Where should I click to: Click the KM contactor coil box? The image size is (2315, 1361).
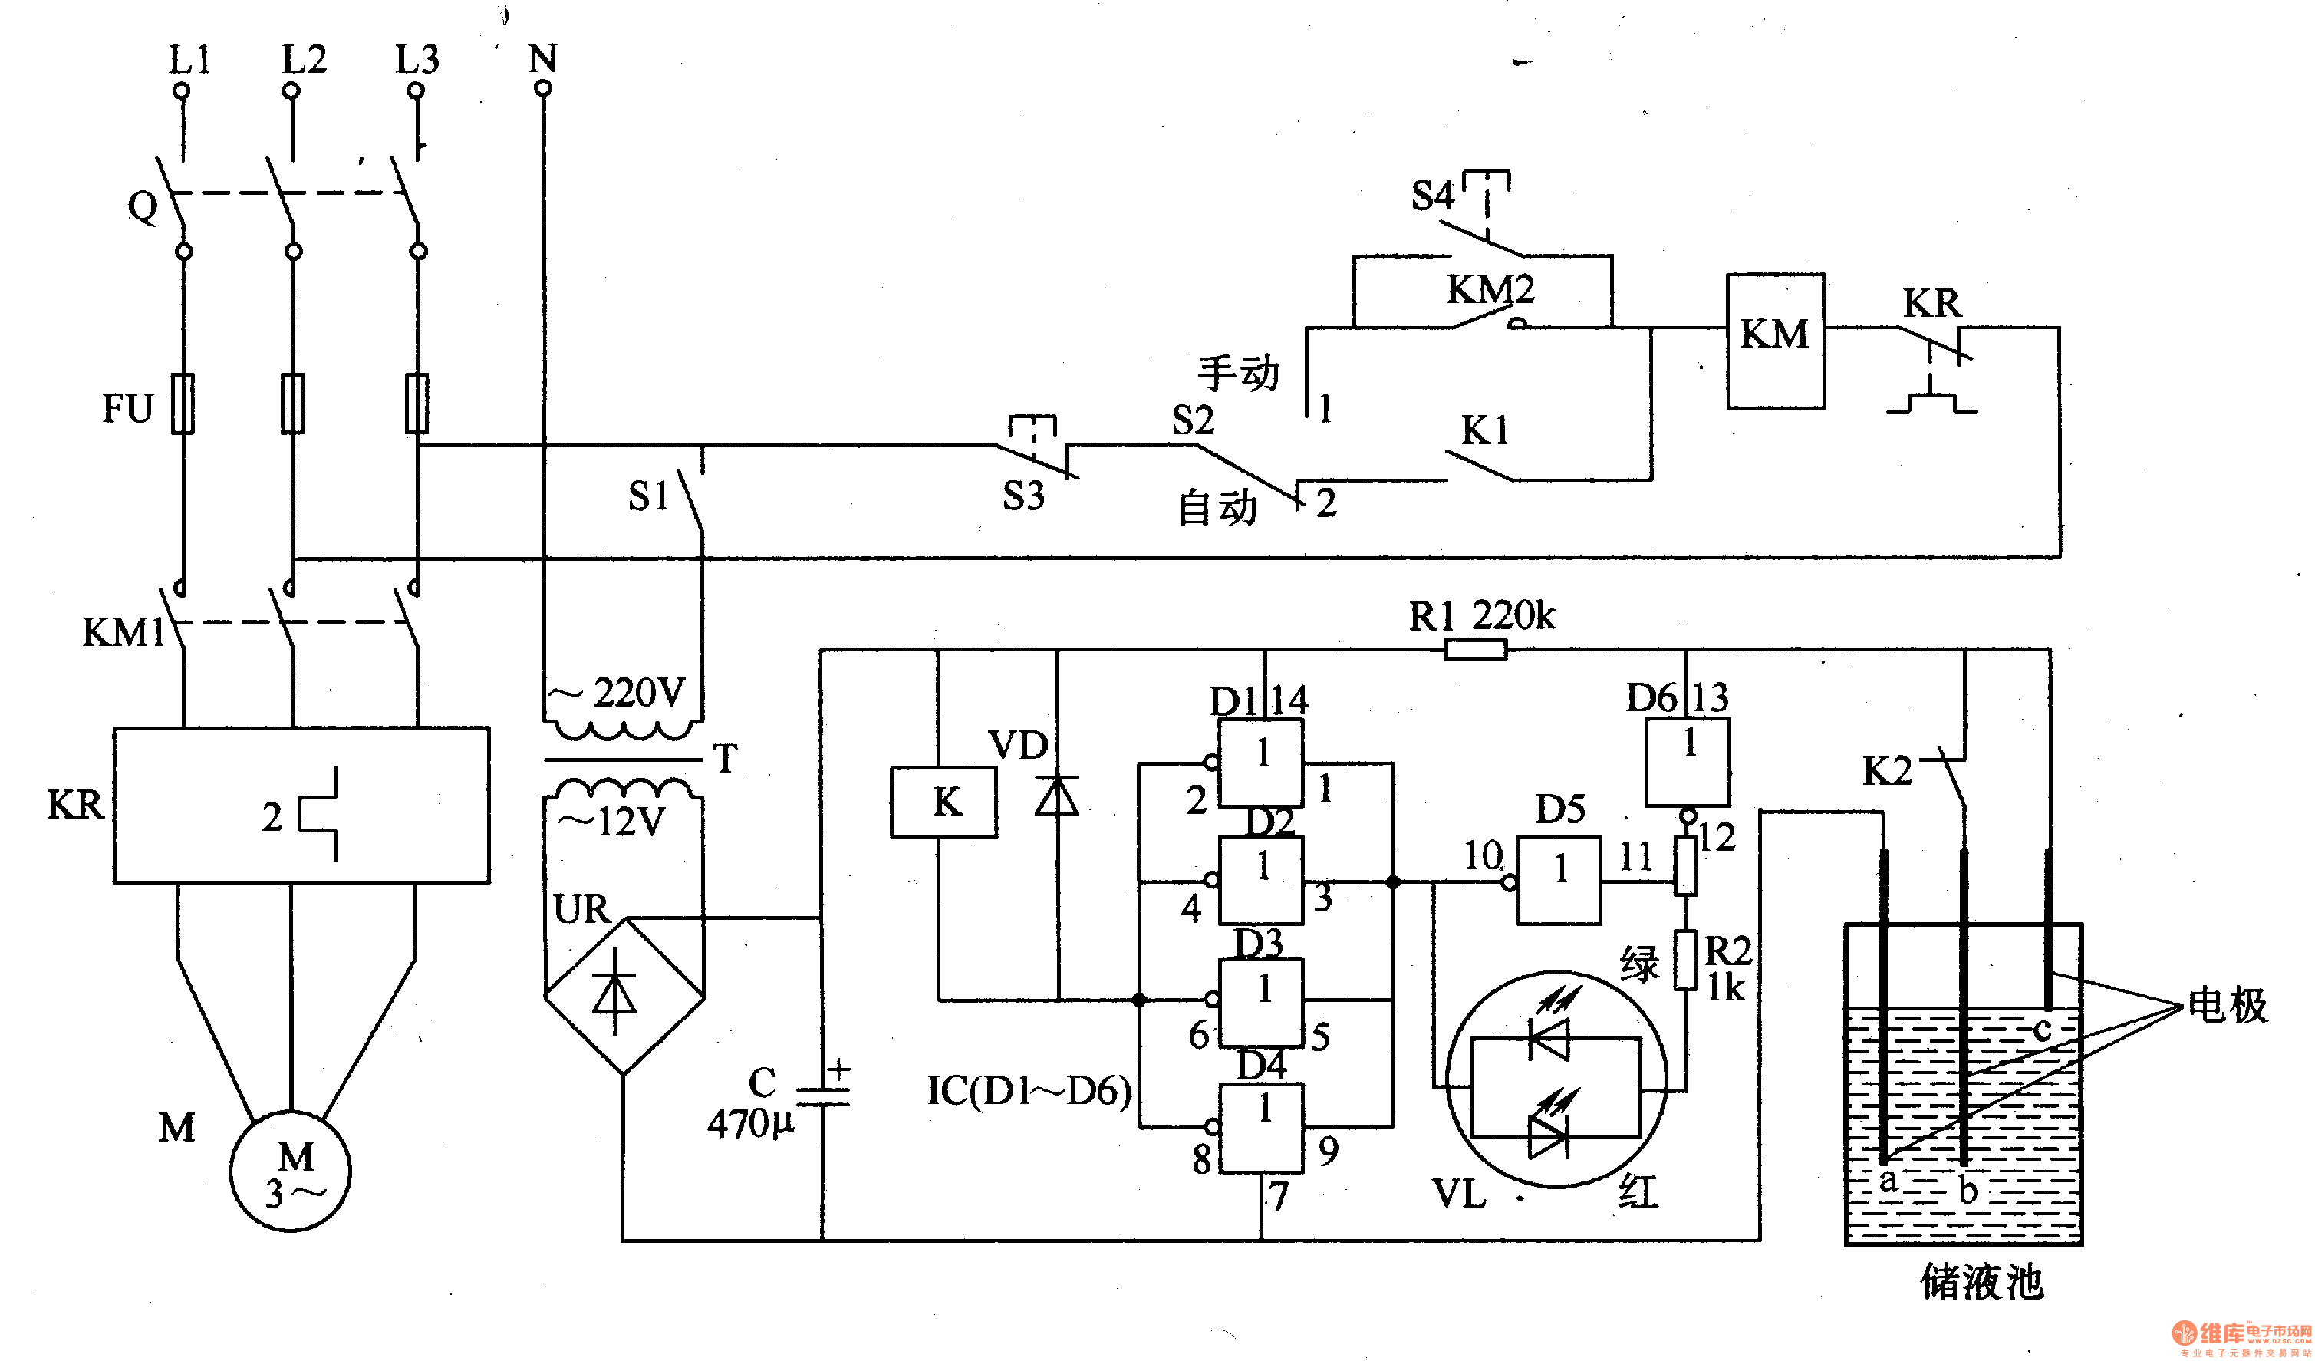coord(1775,340)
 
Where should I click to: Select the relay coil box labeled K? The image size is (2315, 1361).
coord(943,802)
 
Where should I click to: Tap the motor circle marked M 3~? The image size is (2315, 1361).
coord(290,1172)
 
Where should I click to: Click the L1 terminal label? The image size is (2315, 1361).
coord(190,60)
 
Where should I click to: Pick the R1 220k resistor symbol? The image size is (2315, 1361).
coord(1475,651)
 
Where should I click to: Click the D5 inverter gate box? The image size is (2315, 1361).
coord(1558,879)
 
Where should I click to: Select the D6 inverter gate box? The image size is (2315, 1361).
coord(1687,762)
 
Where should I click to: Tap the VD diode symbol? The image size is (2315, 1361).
coord(1057,796)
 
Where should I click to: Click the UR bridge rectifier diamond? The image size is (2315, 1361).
coord(624,995)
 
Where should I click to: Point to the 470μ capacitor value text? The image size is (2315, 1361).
coord(749,1123)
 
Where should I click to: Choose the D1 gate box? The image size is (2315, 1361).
coord(1260,763)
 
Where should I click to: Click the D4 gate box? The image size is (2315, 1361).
coord(1260,1128)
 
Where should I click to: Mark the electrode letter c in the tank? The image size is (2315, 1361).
coord(2041,1030)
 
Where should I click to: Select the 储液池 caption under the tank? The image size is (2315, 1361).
coord(1981,1282)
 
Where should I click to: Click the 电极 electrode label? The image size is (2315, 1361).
coord(2227,1004)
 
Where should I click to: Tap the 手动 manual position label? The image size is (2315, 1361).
coord(1237,373)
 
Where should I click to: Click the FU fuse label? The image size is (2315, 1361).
coord(127,408)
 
